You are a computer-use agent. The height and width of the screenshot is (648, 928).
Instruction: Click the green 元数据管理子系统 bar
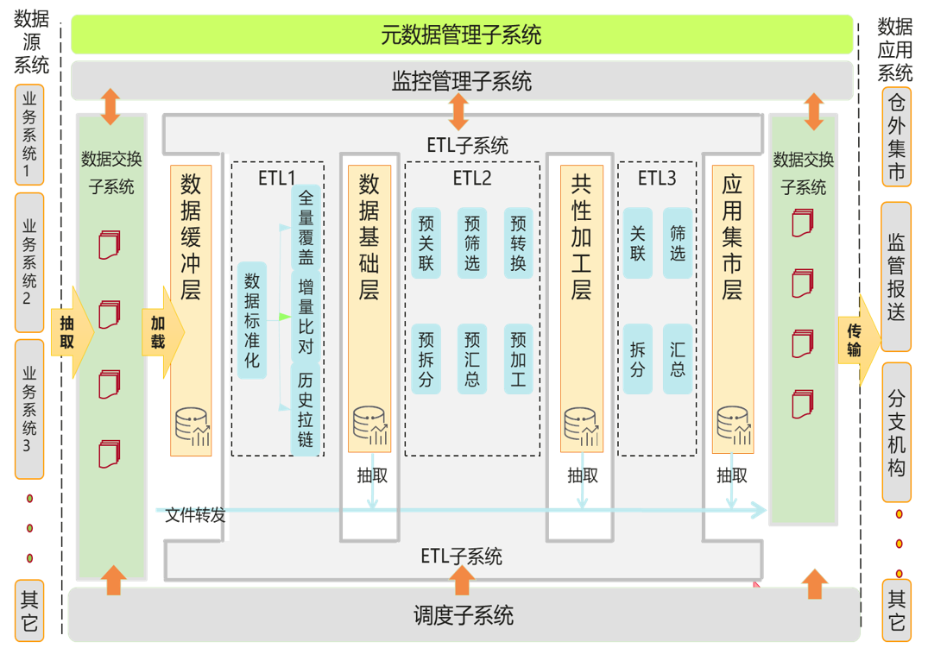462,35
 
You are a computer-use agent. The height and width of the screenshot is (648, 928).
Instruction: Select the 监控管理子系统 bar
462,81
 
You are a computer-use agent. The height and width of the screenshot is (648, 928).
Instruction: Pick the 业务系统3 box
30,408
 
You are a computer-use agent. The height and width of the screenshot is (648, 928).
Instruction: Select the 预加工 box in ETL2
518,359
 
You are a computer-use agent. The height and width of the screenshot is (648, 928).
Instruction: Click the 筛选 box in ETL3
678,243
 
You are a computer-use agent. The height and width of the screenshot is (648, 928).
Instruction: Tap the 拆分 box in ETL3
638,359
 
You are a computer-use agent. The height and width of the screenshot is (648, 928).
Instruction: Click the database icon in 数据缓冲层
192,425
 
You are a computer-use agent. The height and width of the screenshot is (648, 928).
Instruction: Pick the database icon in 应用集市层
732,425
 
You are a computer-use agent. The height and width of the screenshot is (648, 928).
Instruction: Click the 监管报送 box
896,277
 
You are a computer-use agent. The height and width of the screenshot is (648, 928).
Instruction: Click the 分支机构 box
896,432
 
